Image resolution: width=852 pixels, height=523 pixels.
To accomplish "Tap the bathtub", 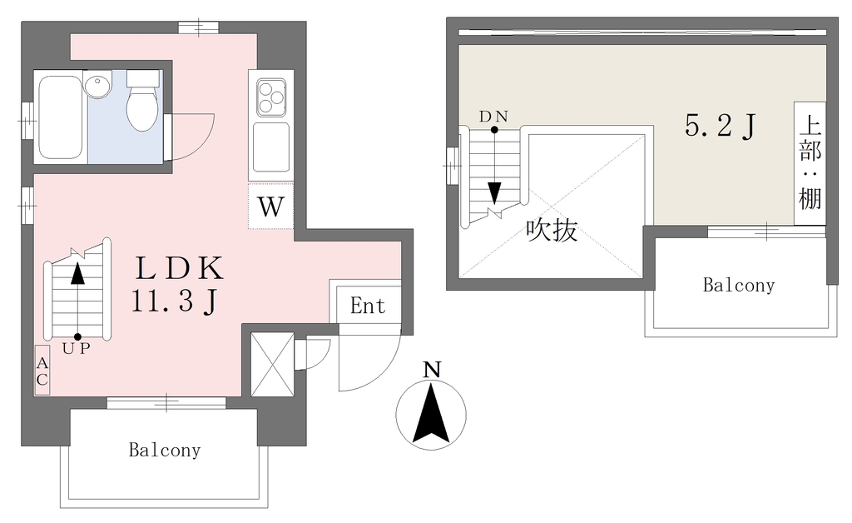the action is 60,117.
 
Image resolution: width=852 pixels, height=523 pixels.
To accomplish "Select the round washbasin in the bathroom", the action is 97,86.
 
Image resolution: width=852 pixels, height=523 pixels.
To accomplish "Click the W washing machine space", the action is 271,207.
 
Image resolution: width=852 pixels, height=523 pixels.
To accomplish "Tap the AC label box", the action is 42,371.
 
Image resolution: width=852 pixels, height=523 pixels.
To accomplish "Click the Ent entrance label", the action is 368,306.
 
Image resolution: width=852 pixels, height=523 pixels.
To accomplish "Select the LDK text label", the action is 179,267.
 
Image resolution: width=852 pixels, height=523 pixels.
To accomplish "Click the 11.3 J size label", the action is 175,301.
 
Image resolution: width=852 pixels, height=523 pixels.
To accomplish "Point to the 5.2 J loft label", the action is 721,127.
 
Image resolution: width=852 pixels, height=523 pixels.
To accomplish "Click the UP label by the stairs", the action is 76,348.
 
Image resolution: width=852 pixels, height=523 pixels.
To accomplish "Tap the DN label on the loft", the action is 493,117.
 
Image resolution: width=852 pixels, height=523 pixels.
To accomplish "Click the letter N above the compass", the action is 432,370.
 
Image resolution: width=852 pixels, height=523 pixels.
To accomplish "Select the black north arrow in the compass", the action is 431,412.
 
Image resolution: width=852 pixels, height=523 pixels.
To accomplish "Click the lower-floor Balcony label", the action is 165,451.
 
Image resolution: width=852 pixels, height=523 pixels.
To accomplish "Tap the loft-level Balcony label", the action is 739,285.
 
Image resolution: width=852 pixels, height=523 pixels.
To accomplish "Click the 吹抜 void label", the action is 552,230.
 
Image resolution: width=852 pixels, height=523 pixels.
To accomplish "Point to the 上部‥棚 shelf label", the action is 810,163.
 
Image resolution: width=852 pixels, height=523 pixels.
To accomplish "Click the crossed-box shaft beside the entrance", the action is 272,364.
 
